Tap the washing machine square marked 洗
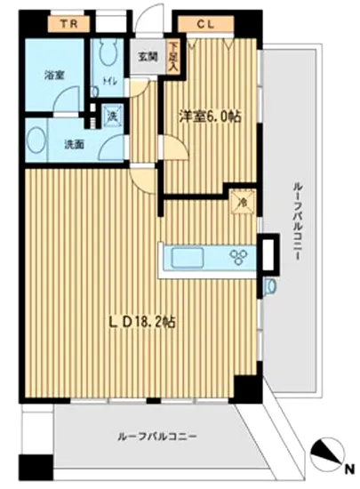point(114,115)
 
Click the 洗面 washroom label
point(73,142)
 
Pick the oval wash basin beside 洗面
point(38,140)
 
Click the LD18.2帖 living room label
point(141,321)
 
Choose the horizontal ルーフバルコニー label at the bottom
point(156,437)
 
